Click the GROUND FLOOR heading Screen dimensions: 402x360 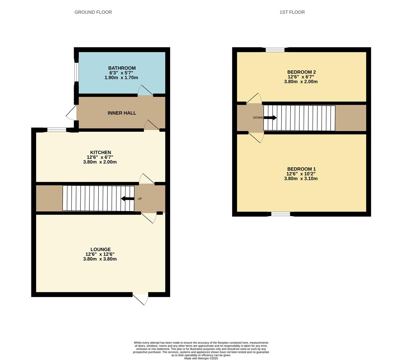click(93, 12)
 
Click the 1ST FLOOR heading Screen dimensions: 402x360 click(292, 12)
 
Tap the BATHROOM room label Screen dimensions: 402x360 click(122, 68)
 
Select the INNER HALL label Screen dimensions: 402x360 click(122, 113)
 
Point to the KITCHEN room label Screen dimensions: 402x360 click(101, 152)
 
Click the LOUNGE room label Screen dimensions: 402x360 click(101, 249)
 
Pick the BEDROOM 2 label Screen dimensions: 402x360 click(301, 72)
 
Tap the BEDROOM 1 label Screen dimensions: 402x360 click(301, 169)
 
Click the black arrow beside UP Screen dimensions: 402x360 click(127, 199)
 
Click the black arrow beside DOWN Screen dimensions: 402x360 click(270, 118)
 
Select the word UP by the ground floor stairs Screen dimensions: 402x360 click(140, 199)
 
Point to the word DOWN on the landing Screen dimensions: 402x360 click(258, 118)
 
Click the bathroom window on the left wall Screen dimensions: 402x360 click(76, 72)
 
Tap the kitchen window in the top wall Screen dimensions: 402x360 click(57, 130)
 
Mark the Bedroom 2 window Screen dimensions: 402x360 click(275, 50)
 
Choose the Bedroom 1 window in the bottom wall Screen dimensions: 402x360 click(281, 214)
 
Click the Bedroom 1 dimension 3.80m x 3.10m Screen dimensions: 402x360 click(301, 179)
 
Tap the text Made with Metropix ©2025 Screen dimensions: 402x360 click(201, 358)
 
